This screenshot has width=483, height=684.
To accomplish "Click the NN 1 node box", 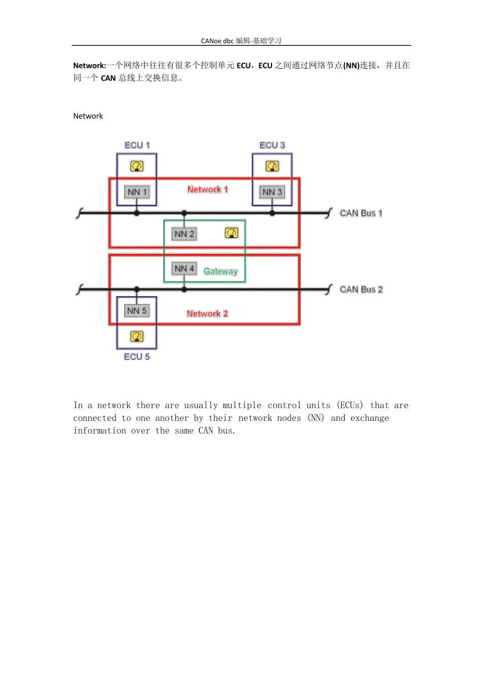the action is point(137,192).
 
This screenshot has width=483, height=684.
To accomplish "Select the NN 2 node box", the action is point(184,234).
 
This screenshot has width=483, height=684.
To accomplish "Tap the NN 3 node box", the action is point(272,192).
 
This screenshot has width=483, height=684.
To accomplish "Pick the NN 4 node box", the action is point(184,268).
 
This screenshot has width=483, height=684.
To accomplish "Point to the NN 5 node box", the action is point(137,310).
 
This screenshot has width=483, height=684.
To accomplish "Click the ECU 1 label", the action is point(137,145).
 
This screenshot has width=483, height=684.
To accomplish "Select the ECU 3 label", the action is point(272,145).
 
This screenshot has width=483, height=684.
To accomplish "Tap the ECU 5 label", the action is point(137,357).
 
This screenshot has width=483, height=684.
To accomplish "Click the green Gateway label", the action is point(221,271).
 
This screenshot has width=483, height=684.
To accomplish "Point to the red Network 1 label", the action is point(207,189).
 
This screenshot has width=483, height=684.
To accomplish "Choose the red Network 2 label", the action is point(207,313).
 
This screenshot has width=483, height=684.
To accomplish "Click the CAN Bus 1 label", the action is point(361,213).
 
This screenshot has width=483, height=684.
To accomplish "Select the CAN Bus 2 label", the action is point(361,290).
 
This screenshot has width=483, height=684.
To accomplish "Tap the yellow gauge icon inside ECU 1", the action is point(137,166).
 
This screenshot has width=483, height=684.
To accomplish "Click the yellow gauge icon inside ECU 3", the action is point(272,166).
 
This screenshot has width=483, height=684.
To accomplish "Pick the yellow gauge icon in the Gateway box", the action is point(231,233).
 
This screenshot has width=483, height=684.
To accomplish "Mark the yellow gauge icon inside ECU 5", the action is point(137,336).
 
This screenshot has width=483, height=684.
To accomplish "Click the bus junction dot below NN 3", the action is point(272,213).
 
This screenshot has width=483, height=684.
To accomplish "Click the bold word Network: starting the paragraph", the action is point(89,66).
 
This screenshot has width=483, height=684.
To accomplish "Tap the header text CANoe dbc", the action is point(217,41).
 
